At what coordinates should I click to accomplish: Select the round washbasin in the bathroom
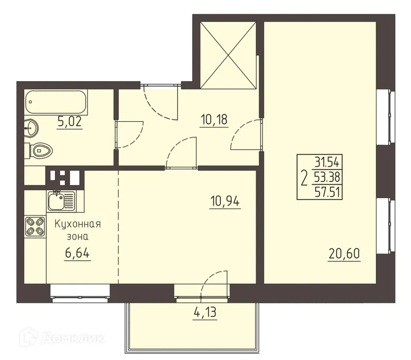(x=31, y=125)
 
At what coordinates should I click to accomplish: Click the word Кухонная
(x=77, y=224)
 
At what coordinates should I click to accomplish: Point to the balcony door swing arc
(x=214, y=280)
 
